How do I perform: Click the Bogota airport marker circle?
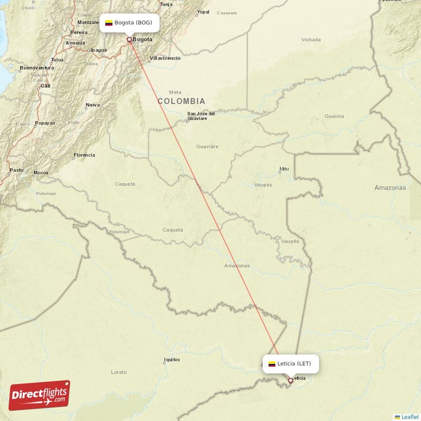point(129,39)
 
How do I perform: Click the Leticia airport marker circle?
point(290,380)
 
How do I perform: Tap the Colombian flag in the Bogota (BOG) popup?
point(109,23)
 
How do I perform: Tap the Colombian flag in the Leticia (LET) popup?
point(272,364)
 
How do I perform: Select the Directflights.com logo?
point(39,395)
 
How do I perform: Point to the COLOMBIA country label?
point(181,101)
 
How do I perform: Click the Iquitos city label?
point(172,360)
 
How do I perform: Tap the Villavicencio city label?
point(165,58)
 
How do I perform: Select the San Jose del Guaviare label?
point(201,116)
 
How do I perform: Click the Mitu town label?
point(284,169)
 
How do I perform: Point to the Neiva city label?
point(93,105)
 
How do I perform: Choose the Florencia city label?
point(84,155)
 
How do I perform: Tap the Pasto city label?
point(16,170)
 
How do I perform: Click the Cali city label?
point(45,85)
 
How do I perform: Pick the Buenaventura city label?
point(36,68)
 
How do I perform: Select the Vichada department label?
point(311,39)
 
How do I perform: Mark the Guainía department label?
point(334,116)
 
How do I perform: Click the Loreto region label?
point(119,372)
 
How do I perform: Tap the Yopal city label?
point(203,12)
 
